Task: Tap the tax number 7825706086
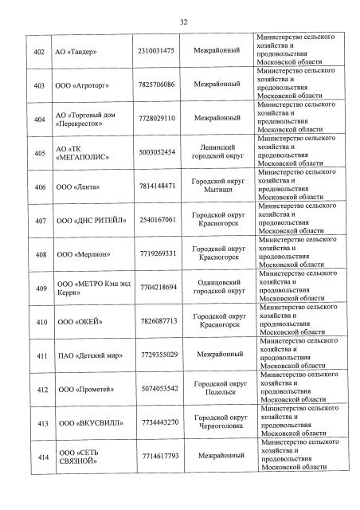(158, 84)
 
